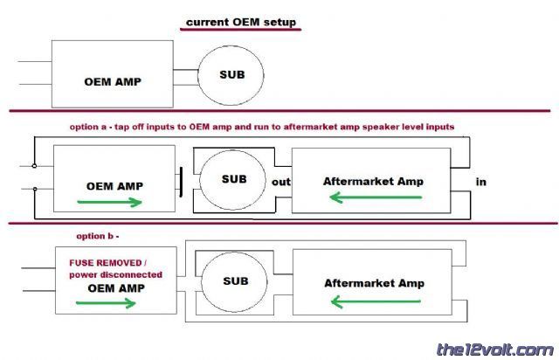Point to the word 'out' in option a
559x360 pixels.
tap(280, 182)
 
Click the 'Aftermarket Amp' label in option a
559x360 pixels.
tap(374, 181)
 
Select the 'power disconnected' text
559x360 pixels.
tap(109, 273)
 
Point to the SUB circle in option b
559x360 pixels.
tap(236, 281)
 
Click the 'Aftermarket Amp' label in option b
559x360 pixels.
tap(374, 283)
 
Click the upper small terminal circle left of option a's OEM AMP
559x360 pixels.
tap(34, 165)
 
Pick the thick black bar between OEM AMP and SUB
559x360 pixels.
tap(181, 181)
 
